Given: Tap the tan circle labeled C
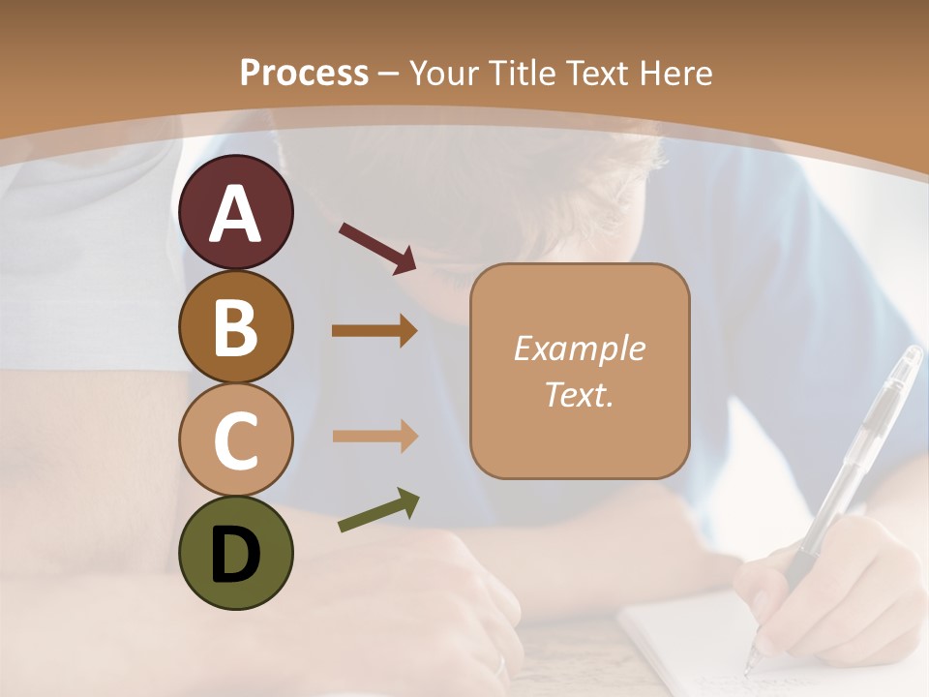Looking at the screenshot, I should coord(236,439).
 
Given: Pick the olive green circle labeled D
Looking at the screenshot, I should coord(236,553).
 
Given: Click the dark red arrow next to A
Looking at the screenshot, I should coord(377,246).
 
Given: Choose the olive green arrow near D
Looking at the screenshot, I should coord(378,509).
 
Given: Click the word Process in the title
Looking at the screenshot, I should coord(304,73).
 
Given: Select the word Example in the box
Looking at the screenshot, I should coord(579,348).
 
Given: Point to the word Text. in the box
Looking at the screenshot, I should coord(579,394).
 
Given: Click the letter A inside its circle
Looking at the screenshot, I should coord(236,215).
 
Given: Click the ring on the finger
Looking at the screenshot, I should coord(500,666).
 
